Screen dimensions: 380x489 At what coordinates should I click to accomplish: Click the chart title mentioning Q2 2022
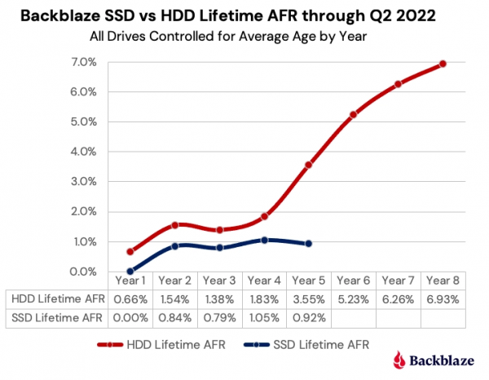244,15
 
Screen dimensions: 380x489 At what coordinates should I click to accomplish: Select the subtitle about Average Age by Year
244,36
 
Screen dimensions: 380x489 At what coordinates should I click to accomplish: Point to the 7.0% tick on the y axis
85,62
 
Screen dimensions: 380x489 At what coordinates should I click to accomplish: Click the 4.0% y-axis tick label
85,152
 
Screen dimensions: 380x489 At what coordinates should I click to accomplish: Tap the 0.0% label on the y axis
85,272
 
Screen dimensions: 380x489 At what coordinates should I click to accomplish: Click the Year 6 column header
353,281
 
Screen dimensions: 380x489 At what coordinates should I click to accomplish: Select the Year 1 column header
130,281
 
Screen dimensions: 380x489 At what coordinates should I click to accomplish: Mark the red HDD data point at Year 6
353,115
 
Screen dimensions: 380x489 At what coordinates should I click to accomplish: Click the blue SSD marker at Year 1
130,272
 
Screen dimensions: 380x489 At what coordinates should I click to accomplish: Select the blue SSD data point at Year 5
308,244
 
